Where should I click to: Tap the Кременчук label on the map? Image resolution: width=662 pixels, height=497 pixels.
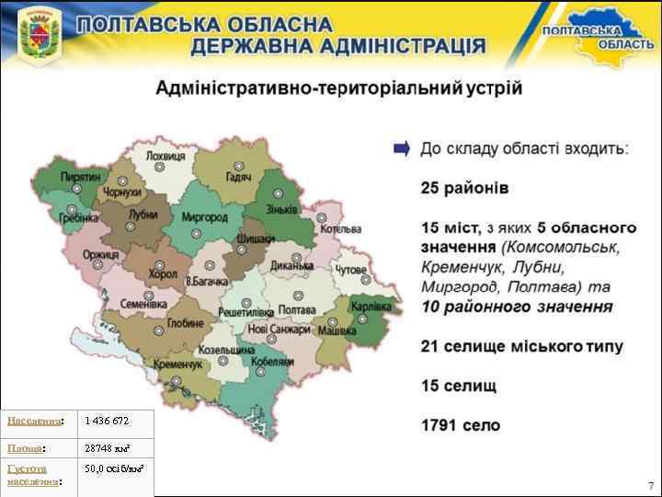pyautogui.click(x=178, y=364)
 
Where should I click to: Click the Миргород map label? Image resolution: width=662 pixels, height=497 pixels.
pyautogui.click(x=204, y=218)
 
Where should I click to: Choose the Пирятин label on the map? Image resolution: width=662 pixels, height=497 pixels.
pyautogui.click(x=81, y=175)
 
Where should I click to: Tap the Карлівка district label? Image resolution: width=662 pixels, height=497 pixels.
pyautogui.click(x=371, y=306)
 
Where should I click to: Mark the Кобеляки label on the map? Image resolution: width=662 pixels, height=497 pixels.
pyautogui.click(x=271, y=362)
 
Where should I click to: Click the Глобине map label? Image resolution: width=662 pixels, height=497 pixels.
pyautogui.click(x=186, y=323)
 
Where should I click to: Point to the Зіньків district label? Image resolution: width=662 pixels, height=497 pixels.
pyautogui.click(x=281, y=209)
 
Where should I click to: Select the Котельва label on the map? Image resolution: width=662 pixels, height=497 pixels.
pyautogui.click(x=341, y=228)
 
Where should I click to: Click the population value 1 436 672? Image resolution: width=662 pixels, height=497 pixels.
pyautogui.click(x=107, y=421)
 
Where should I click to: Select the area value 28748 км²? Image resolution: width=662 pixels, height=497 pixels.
pyautogui.click(x=107, y=447)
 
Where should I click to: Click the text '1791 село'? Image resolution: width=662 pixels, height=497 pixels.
pyautogui.click(x=461, y=425)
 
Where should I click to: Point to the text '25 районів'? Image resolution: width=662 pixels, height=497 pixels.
pyautogui.click(x=463, y=188)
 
